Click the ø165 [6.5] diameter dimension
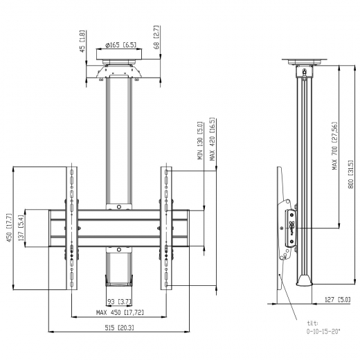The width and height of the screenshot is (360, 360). (x=121, y=45)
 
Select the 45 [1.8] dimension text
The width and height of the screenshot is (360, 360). (x=82, y=41)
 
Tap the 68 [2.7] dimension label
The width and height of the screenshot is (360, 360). (x=156, y=37)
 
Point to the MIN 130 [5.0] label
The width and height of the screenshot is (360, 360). (x=200, y=141)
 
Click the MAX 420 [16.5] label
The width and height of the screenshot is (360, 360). (x=212, y=139)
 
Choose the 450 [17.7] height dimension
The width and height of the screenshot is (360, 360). (x=9, y=228)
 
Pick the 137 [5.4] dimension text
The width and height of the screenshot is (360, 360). (x=21, y=228)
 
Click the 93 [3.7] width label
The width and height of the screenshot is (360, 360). (x=119, y=302)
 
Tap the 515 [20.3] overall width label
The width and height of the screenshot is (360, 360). (x=119, y=327)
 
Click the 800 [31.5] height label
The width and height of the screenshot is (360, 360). (x=350, y=174)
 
